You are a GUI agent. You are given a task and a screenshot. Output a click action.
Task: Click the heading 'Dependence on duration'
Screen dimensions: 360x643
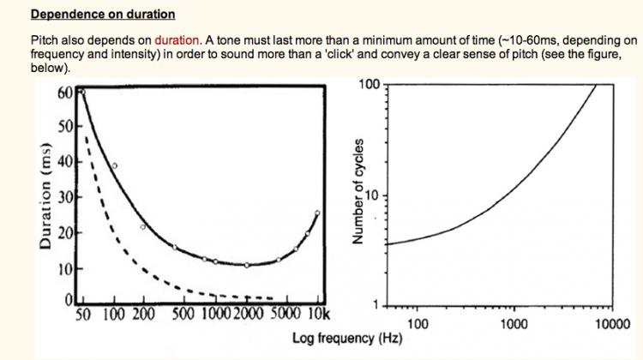click(103, 14)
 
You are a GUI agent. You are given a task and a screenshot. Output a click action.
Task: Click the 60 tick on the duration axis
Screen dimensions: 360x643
click(64, 93)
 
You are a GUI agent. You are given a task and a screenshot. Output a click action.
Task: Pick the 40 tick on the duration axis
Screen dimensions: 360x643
click(64, 161)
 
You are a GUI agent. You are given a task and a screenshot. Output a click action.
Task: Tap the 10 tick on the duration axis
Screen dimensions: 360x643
click(64, 269)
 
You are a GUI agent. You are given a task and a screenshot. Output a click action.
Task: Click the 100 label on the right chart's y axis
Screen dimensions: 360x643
click(369, 84)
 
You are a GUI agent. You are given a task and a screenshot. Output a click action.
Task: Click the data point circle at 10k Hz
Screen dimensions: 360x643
click(317, 213)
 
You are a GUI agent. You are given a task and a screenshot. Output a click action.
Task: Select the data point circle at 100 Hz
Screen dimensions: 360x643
click(114, 165)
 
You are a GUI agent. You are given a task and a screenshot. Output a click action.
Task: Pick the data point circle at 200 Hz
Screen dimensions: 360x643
click(143, 226)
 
